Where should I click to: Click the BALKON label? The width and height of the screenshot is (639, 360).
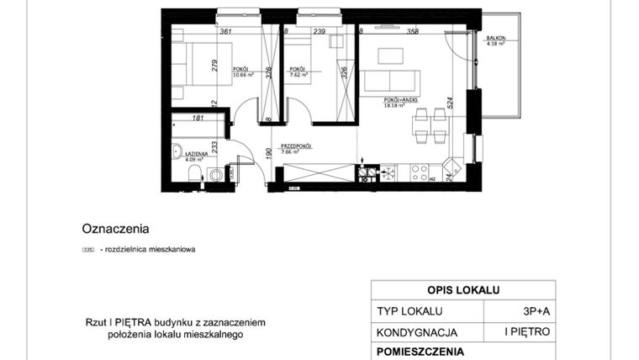pyautogui.click(x=494, y=39)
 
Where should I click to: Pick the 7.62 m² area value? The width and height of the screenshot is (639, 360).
pyautogui.click(x=298, y=74)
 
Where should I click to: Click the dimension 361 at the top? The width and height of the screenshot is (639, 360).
pyautogui.click(x=225, y=31)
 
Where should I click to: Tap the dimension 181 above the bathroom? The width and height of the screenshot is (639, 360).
pyautogui.click(x=198, y=119)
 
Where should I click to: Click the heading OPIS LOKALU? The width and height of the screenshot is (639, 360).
pyautogui.click(x=462, y=290)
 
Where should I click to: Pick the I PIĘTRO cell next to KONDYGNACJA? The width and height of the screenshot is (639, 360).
pyautogui.click(x=527, y=331)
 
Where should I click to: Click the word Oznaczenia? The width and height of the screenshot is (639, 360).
pyautogui.click(x=115, y=228)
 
